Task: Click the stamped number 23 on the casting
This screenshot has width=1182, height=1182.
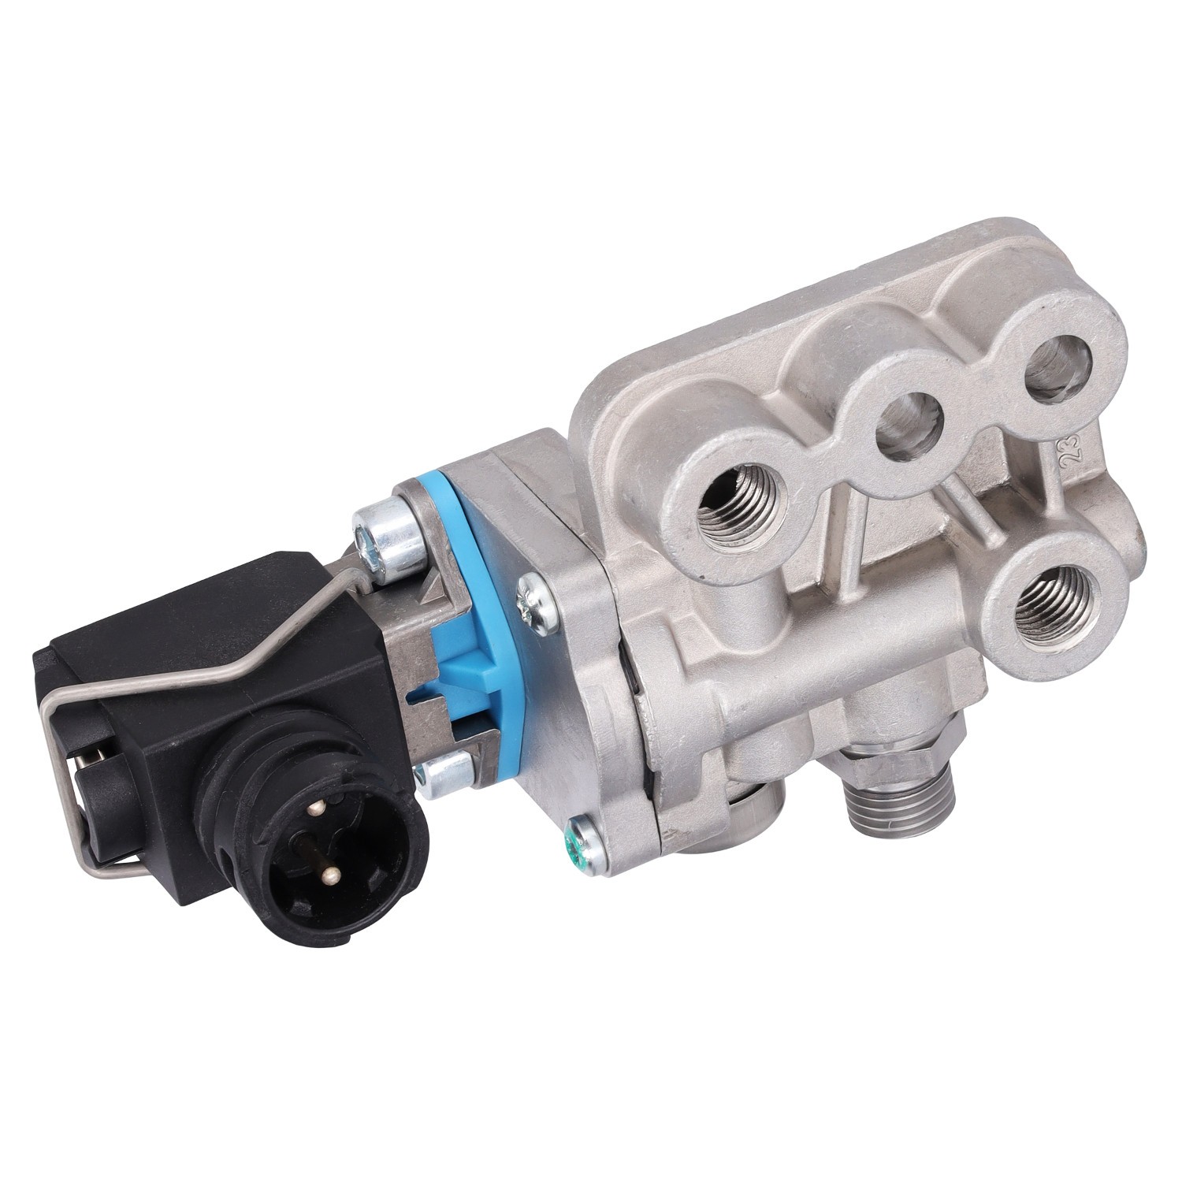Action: pyautogui.click(x=1073, y=453)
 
